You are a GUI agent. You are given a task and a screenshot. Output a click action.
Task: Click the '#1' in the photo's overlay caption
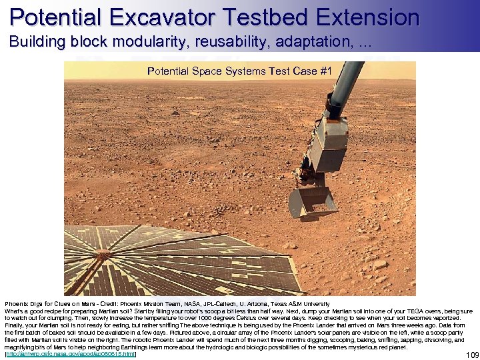325,71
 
